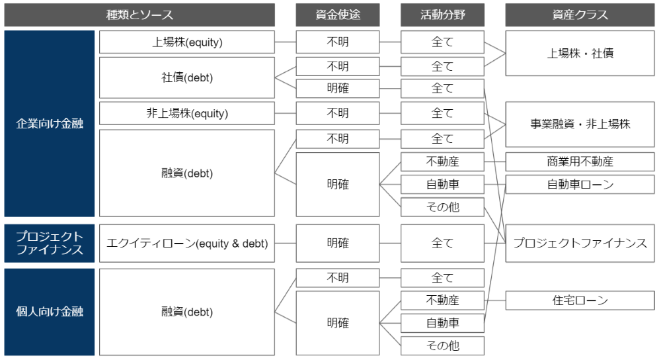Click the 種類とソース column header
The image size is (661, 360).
(x=139, y=15)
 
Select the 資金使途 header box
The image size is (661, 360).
(x=338, y=15)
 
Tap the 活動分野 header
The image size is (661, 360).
(x=442, y=15)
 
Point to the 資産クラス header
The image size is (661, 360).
(x=580, y=15)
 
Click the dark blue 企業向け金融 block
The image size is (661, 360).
(x=50, y=124)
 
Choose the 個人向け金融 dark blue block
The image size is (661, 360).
(x=50, y=312)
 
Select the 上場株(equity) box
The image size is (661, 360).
(x=187, y=42)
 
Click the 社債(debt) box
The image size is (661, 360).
(x=187, y=77)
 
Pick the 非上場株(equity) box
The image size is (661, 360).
(x=187, y=113)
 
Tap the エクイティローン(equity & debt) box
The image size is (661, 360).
(x=187, y=244)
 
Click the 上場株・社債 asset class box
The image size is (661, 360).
(x=580, y=53)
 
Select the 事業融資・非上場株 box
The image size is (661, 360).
(x=580, y=124)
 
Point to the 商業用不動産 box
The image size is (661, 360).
(x=580, y=161)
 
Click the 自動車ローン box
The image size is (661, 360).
(x=580, y=185)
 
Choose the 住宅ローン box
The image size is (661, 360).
(x=580, y=300)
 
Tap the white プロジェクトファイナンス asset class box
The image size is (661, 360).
(x=580, y=244)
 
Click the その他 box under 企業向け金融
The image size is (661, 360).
(x=442, y=207)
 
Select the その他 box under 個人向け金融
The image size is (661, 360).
(x=442, y=346)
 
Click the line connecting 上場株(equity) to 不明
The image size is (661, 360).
(x=286, y=42)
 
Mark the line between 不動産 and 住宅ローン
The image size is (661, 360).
(x=495, y=300)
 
